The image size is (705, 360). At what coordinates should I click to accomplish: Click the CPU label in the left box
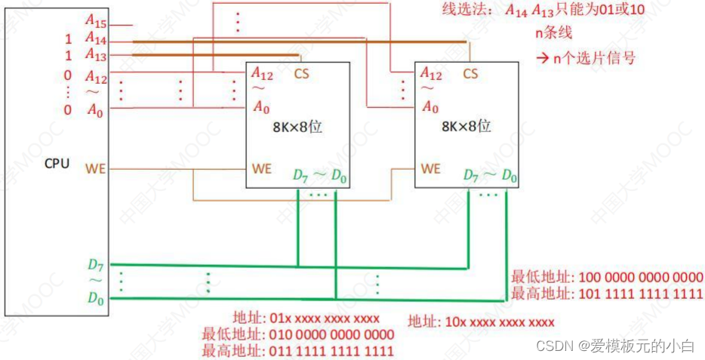click(57, 162)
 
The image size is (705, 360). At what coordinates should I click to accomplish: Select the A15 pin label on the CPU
click(96, 24)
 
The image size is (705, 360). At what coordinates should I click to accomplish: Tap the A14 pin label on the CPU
click(96, 38)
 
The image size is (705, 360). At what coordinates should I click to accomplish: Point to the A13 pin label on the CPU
click(96, 54)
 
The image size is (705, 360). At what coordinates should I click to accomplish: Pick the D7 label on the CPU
click(96, 265)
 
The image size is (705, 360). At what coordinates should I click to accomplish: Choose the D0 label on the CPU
click(96, 298)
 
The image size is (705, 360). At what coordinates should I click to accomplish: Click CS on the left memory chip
click(301, 74)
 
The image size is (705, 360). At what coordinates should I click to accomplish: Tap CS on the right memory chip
click(470, 74)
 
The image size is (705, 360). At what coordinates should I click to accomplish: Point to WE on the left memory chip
click(261, 168)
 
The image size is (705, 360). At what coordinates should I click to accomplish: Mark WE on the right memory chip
click(430, 168)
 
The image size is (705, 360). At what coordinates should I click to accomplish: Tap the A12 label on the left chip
click(261, 74)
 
